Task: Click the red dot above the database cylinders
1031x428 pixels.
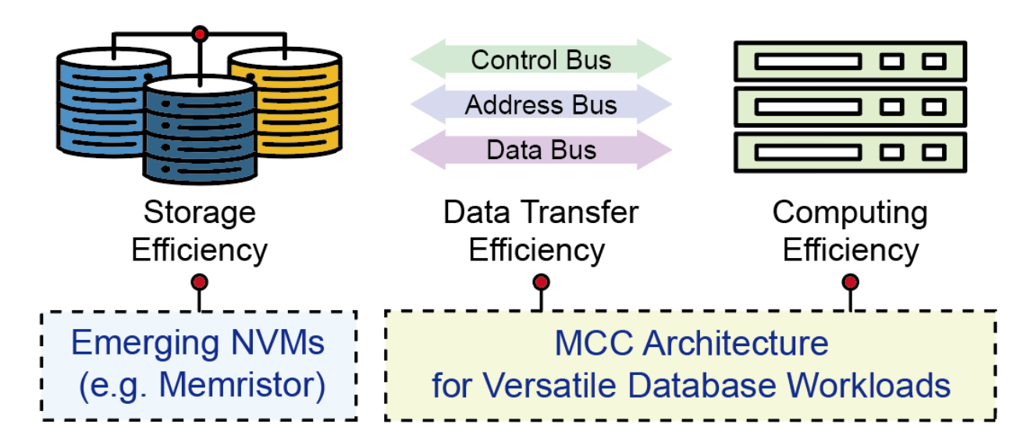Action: pyautogui.click(x=201, y=34)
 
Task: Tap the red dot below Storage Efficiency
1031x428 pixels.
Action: pyautogui.click(x=200, y=281)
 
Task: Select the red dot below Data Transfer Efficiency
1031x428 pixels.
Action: pyautogui.click(x=541, y=281)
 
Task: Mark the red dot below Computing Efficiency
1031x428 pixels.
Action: pyautogui.click(x=851, y=281)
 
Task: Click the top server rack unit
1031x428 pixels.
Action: pyautogui.click(x=850, y=61)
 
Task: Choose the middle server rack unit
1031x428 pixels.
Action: pyautogui.click(x=850, y=105)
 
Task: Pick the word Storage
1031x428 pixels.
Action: pyautogui.click(x=200, y=212)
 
